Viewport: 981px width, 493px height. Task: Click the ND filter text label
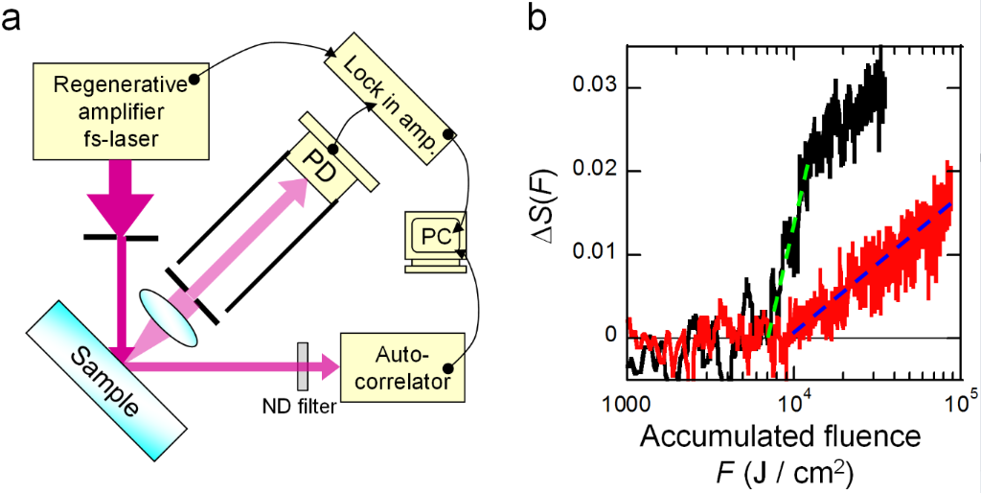tap(300, 407)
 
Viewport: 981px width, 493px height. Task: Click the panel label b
tap(541, 19)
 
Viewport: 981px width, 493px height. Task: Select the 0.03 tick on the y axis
tap(594, 88)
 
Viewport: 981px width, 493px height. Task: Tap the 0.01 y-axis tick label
tap(594, 254)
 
